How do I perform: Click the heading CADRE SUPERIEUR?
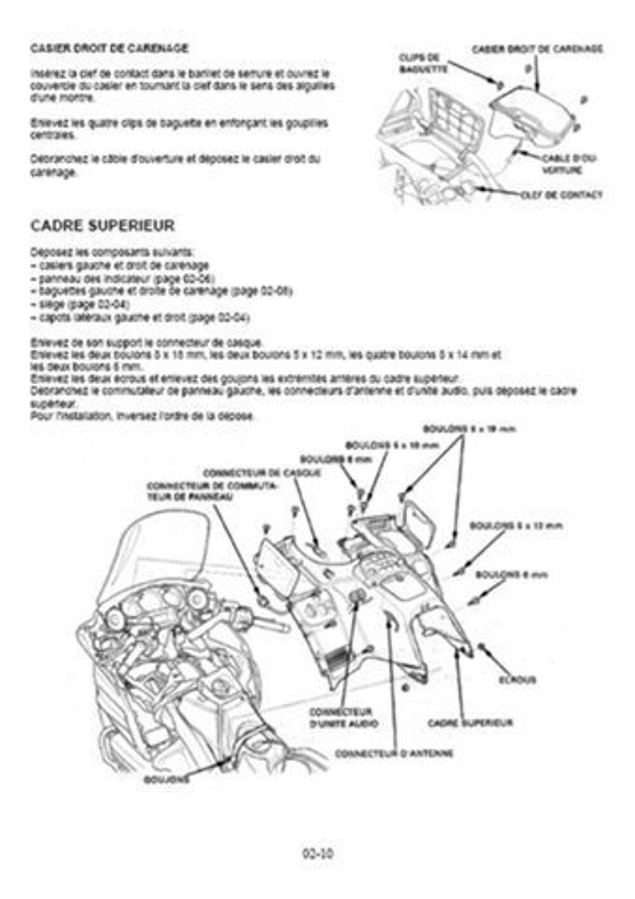102,225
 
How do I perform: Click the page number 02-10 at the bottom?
317,853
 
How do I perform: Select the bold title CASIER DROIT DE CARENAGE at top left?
109,48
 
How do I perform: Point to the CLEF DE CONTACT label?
561,195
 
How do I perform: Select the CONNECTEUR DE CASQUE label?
262,473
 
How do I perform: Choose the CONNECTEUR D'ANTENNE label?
394,754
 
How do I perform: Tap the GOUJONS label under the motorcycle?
166,778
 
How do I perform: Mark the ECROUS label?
517,680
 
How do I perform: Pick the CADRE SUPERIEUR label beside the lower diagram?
470,723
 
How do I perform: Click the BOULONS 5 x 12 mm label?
516,526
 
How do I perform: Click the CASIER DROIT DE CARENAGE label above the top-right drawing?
537,49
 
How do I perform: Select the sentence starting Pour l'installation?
143,416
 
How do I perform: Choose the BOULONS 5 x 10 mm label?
392,446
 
